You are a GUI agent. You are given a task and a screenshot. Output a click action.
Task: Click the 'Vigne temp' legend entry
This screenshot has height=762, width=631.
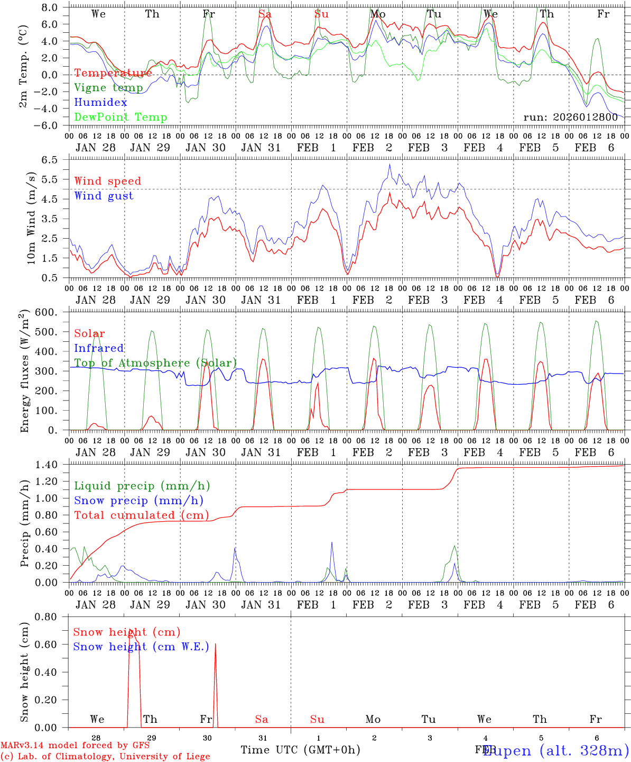[108, 88]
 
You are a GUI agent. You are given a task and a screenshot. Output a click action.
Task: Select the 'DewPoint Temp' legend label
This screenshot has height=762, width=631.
[120, 117]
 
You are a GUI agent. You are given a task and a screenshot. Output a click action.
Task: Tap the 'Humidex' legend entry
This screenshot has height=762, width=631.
[101, 103]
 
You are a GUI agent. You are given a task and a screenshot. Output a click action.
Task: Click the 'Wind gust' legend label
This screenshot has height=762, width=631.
[104, 196]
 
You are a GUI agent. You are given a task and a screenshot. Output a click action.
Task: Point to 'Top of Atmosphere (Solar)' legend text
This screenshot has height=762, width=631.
[155, 363]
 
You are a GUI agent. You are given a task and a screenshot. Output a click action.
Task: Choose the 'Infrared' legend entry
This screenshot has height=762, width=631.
[99, 348]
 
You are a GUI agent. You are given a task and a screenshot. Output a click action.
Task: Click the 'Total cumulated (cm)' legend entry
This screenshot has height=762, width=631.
[141, 515]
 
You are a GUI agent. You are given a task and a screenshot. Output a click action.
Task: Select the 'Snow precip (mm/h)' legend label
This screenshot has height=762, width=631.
[138, 501]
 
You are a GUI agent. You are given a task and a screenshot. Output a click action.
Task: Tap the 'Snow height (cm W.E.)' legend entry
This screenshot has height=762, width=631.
[141, 647]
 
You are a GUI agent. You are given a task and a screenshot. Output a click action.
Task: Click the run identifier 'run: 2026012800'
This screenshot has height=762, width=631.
[570, 117]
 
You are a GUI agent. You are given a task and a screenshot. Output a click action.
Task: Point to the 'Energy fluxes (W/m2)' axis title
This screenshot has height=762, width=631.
[24, 372]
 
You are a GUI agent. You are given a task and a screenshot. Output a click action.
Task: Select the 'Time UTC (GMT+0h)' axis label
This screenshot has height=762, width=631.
[300, 750]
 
